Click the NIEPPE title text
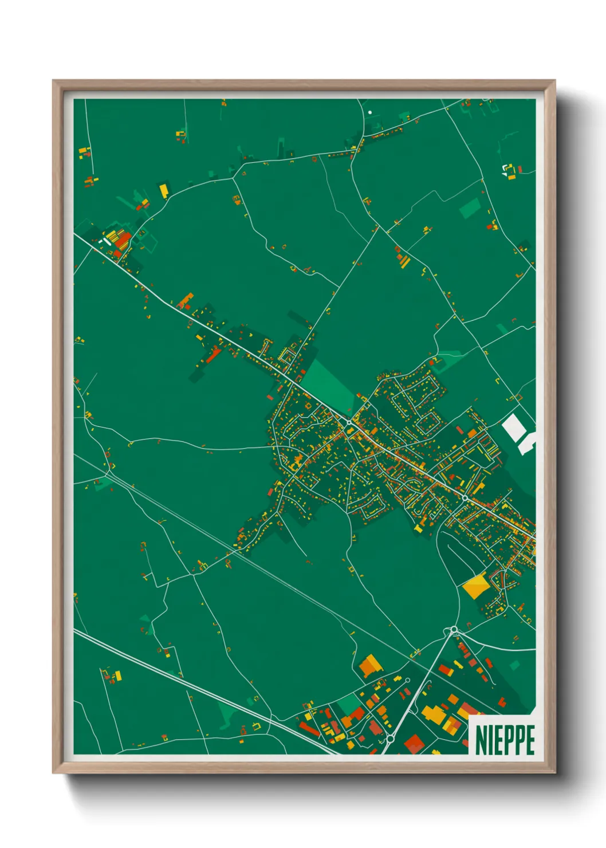tap(505, 740)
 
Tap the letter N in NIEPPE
tap(481, 740)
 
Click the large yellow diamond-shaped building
tap(475, 586)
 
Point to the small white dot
tap(370, 112)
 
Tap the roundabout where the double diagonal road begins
tap(454, 630)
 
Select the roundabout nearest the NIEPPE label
tap(389, 739)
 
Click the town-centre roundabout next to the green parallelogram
tap(349, 422)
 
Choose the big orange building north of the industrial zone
tap(369, 665)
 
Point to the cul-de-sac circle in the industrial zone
tap(407, 681)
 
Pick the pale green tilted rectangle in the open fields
tap(470, 209)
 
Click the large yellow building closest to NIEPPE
tap(433, 714)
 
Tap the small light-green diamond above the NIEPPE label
tap(514, 665)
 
